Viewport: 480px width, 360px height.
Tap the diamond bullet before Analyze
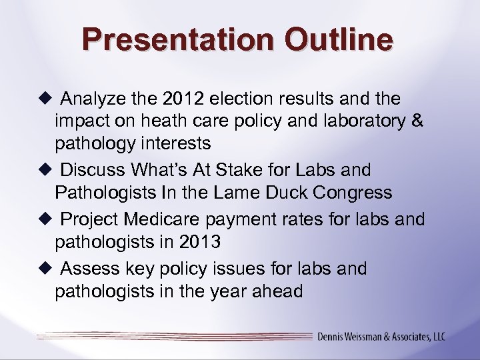pyautogui.click(x=45, y=99)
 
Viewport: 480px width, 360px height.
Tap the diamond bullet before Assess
pyautogui.click(x=45, y=269)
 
